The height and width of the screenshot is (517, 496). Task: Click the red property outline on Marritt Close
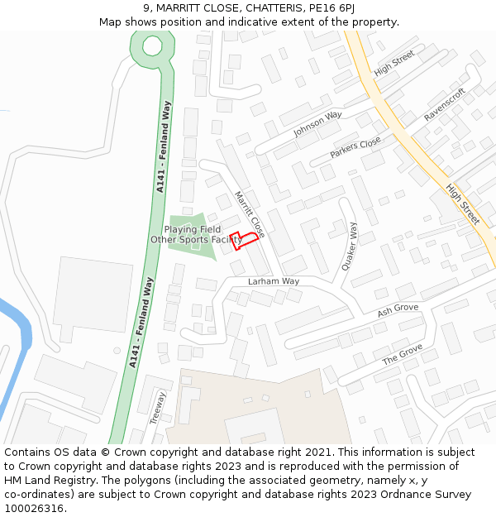point(244,239)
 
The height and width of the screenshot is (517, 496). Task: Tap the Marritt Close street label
point(250,213)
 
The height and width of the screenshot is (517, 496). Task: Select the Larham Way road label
point(274,281)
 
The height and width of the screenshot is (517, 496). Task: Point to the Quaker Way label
point(350,247)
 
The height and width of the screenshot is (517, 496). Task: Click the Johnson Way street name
point(317,125)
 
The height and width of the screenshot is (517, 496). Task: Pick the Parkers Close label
point(355,148)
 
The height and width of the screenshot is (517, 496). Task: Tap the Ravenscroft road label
point(445,105)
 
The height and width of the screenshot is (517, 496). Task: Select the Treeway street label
point(157,408)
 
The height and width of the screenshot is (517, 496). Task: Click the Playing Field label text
point(192,229)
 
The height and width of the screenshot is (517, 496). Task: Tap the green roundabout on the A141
point(152,45)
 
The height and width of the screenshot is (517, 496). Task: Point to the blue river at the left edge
point(18,331)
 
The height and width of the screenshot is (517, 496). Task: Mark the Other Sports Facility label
point(196,240)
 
